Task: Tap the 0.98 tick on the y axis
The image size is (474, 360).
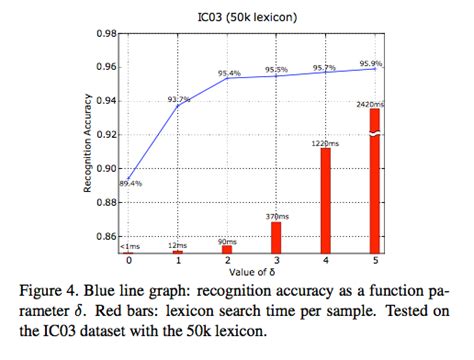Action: [x=104, y=33]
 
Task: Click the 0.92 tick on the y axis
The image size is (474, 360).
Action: [x=104, y=135]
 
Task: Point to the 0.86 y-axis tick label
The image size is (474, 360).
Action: [x=104, y=237]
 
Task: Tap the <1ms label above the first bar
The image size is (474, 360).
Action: [x=129, y=245]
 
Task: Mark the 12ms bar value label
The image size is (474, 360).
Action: [x=179, y=244]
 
